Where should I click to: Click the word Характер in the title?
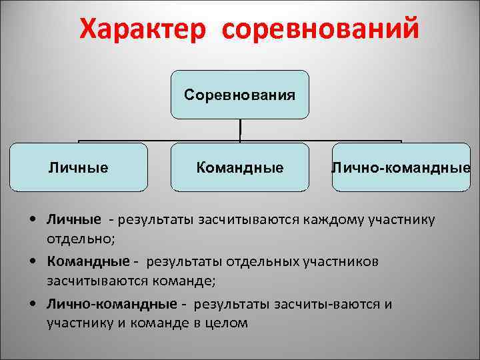(143, 29)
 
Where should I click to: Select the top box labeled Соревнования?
(239, 95)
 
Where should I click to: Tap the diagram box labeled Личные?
(79, 167)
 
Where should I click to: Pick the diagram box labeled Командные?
(239, 167)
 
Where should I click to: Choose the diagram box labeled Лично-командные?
(401, 167)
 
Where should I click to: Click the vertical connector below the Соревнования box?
(239, 131)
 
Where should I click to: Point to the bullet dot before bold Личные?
(33, 219)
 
